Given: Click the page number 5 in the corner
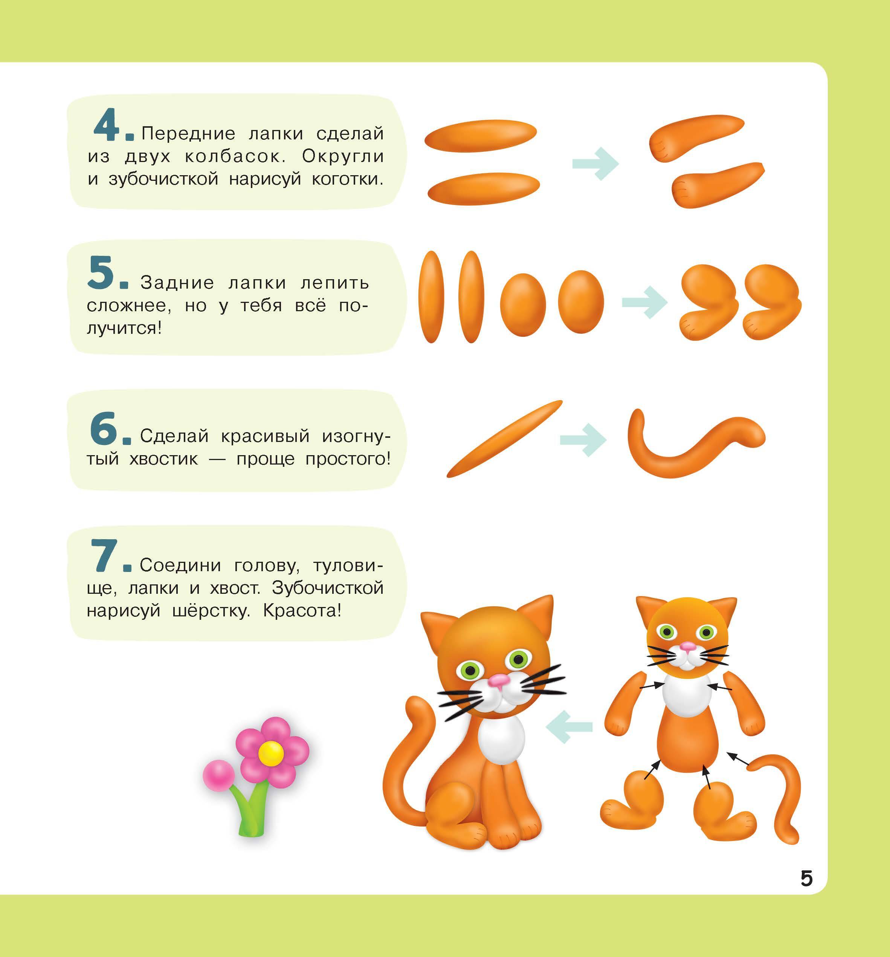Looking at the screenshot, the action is pos(807,879).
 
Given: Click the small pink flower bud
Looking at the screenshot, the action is pos(218,775).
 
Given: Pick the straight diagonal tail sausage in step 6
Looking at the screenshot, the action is pos(504,439).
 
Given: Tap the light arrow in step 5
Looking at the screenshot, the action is pos(644,302).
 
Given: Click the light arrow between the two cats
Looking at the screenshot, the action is pos(569,726).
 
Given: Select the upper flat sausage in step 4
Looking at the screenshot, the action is pos(480,135).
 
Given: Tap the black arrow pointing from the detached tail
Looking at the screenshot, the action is pos(738,760).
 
